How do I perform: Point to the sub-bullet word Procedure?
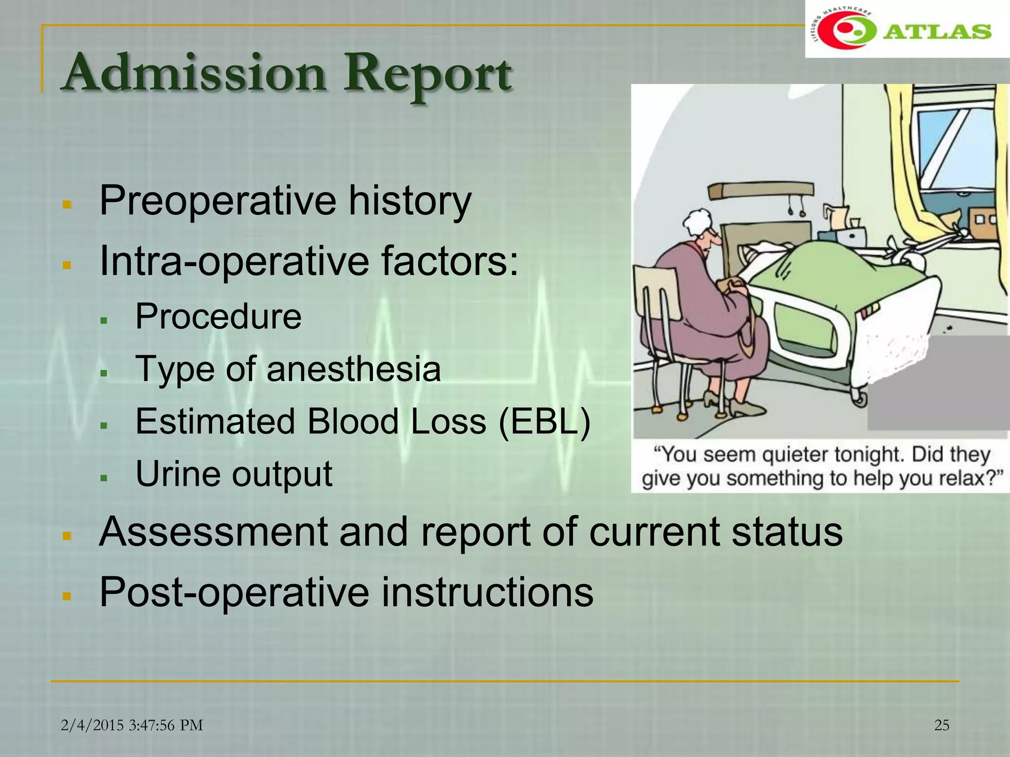(218, 316)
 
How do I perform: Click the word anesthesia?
(353, 369)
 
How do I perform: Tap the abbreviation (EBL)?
(544, 421)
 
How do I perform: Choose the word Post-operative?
(234, 592)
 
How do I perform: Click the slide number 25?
(941, 725)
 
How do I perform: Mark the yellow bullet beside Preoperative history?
(68, 204)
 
